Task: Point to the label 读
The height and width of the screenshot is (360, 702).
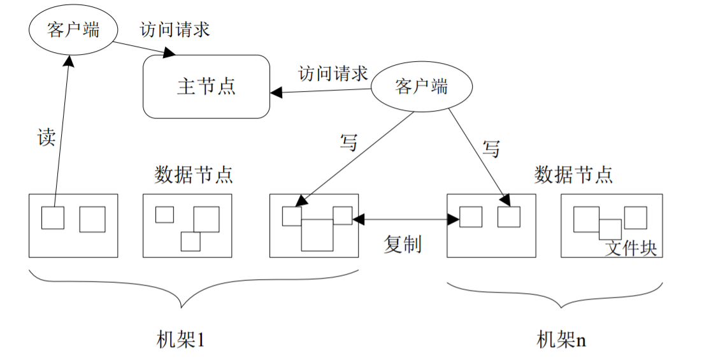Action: [47, 136]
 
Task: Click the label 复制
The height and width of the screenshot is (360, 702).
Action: [403, 244]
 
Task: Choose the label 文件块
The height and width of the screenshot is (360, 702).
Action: [631, 248]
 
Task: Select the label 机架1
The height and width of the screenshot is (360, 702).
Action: [181, 340]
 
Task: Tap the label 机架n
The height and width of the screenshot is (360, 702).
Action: [561, 340]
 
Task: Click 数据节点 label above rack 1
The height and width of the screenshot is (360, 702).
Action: [194, 174]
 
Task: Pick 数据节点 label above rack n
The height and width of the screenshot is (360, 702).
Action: [573, 174]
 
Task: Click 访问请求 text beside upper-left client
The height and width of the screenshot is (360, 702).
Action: [175, 29]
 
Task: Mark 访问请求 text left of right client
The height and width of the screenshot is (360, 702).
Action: [333, 73]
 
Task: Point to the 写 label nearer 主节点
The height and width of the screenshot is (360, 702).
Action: [348, 142]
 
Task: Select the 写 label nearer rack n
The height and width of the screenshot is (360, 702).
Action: [491, 148]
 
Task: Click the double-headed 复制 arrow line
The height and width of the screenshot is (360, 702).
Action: [406, 219]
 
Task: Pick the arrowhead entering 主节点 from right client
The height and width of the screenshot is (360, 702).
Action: [276, 92]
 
